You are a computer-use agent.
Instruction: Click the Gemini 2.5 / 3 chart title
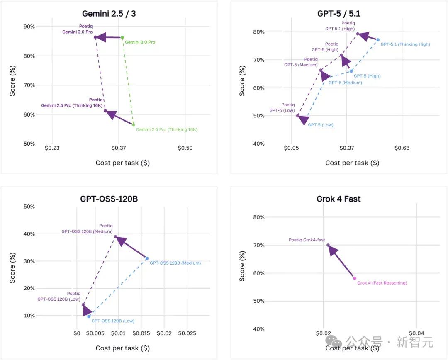(109, 13)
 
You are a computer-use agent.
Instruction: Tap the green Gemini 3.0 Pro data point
(122, 37)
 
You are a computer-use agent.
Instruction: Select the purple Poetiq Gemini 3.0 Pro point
(95, 37)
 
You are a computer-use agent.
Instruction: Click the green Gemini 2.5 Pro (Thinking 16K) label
(167, 129)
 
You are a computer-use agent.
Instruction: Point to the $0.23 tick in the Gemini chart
(52, 148)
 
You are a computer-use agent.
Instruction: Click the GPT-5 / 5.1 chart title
(338, 13)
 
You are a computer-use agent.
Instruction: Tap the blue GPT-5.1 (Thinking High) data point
(378, 40)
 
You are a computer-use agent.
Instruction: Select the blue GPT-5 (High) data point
(351, 71)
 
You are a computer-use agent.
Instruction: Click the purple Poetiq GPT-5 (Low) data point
(298, 116)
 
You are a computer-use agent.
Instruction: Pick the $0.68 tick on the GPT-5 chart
(402, 148)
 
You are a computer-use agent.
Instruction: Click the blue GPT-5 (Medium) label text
(345, 83)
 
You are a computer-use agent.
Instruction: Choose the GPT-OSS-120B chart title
(109, 199)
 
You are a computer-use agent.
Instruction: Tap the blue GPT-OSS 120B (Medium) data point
(147, 258)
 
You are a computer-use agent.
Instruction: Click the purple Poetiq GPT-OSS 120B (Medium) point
(115, 236)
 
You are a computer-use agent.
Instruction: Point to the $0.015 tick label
(141, 333)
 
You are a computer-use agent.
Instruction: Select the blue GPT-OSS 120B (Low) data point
(89, 316)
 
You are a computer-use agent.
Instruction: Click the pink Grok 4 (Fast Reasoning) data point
(355, 278)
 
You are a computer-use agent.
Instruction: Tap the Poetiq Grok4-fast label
(307, 240)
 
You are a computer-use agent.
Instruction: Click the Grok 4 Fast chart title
(338, 199)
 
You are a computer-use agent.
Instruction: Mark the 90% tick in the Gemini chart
(29, 27)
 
